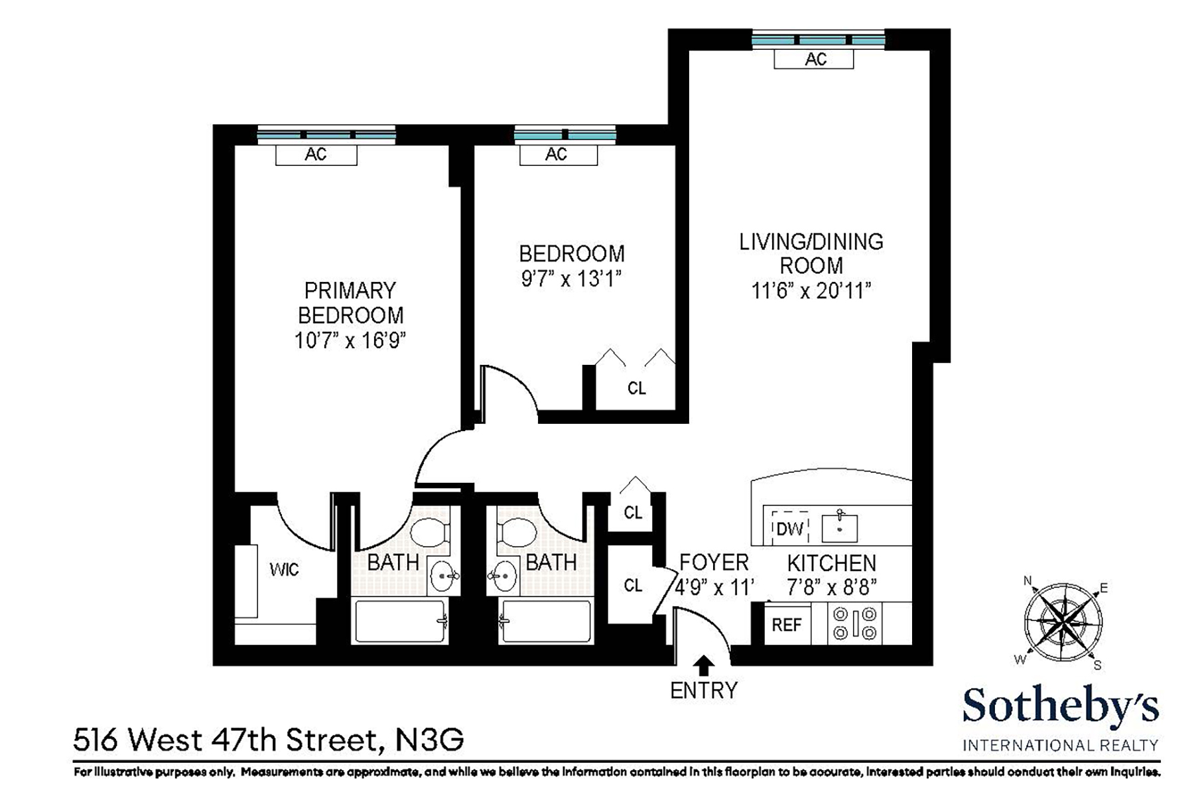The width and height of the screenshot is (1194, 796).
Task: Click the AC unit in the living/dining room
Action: [814, 59]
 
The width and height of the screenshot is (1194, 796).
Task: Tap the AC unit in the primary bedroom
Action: [316, 155]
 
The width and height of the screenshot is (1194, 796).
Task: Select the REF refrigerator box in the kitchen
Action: [787, 625]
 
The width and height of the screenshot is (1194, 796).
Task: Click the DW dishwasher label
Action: [789, 529]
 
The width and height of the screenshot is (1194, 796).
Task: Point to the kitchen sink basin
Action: [839, 529]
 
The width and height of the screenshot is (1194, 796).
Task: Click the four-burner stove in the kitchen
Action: [855, 624]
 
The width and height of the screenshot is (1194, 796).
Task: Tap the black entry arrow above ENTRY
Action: [704, 665]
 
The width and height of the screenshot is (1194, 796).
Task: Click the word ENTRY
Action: [704, 691]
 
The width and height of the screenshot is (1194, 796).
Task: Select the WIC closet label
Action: [284, 570]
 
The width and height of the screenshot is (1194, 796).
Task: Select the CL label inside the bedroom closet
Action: [636, 388]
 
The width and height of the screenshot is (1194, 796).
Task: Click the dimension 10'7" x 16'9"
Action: [350, 340]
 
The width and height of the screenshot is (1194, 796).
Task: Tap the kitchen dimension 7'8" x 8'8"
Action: [832, 587]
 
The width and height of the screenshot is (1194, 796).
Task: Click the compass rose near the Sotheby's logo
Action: [1063, 622]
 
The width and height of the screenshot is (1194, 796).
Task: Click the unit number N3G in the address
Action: [429, 740]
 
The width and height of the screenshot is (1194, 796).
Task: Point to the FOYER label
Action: [714, 563]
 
